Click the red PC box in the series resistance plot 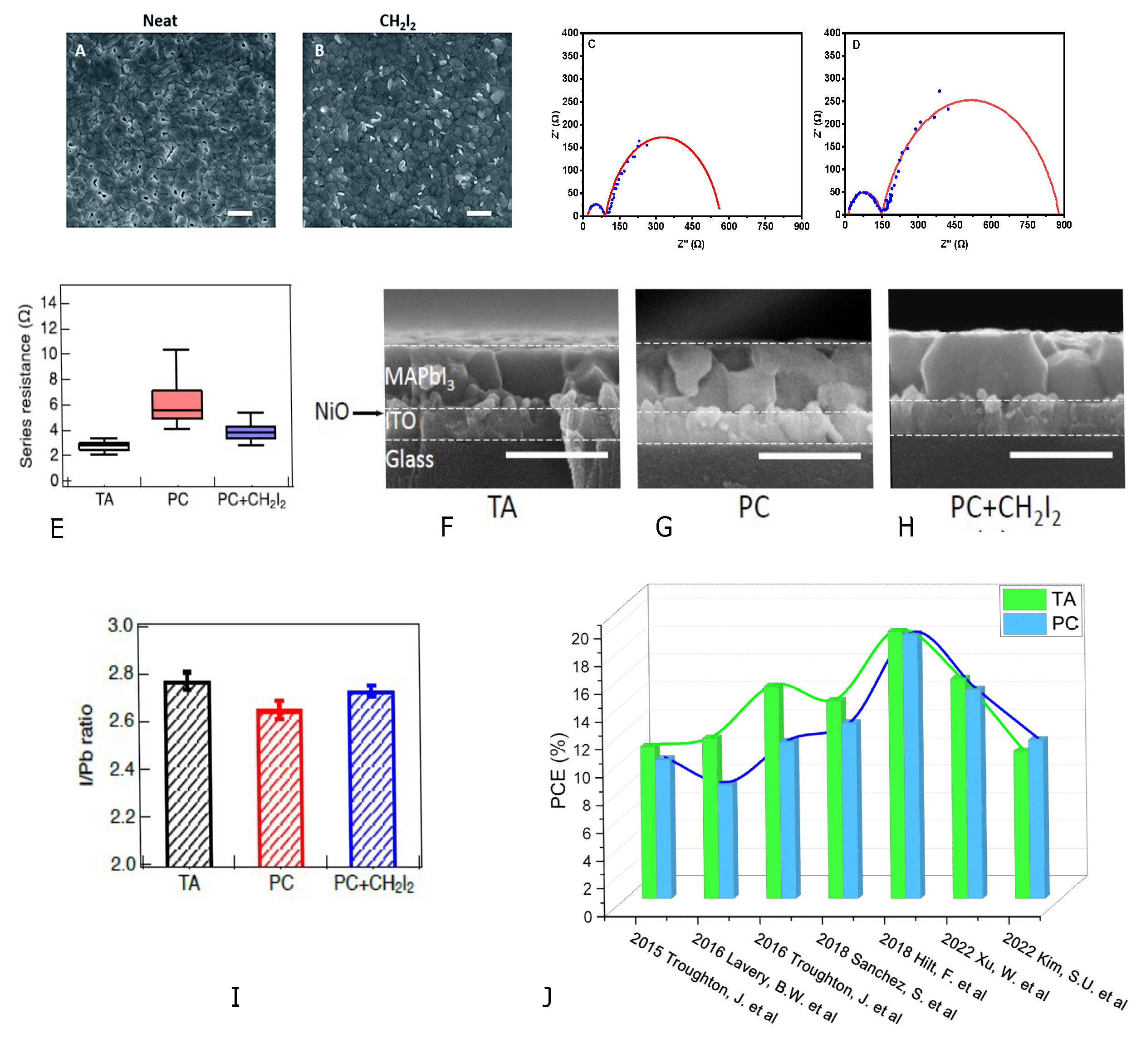(176, 405)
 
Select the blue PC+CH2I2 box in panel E (250, 432)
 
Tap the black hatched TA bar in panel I (188, 774)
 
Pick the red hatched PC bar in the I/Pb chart (280, 788)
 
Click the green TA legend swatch (1024, 600)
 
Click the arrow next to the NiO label (367, 413)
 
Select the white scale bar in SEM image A (240, 213)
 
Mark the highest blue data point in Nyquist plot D (940, 91)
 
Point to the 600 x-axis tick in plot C (729, 226)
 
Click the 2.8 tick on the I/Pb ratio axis (122, 673)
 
